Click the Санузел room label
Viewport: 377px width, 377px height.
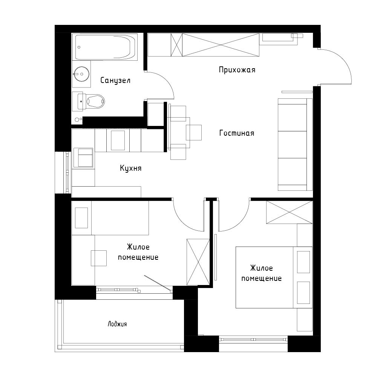coord(115,80)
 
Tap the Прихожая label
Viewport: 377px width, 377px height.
coord(237,70)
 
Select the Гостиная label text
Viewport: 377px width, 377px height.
coord(236,133)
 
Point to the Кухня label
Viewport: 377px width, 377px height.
coord(130,168)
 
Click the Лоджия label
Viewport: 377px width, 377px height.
coord(117,324)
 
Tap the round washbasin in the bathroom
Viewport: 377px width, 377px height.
coord(81,74)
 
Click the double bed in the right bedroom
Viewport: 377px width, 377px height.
coord(274,277)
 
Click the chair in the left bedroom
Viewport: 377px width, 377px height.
coord(99,258)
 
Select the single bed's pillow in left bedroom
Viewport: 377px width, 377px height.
coord(81,218)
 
